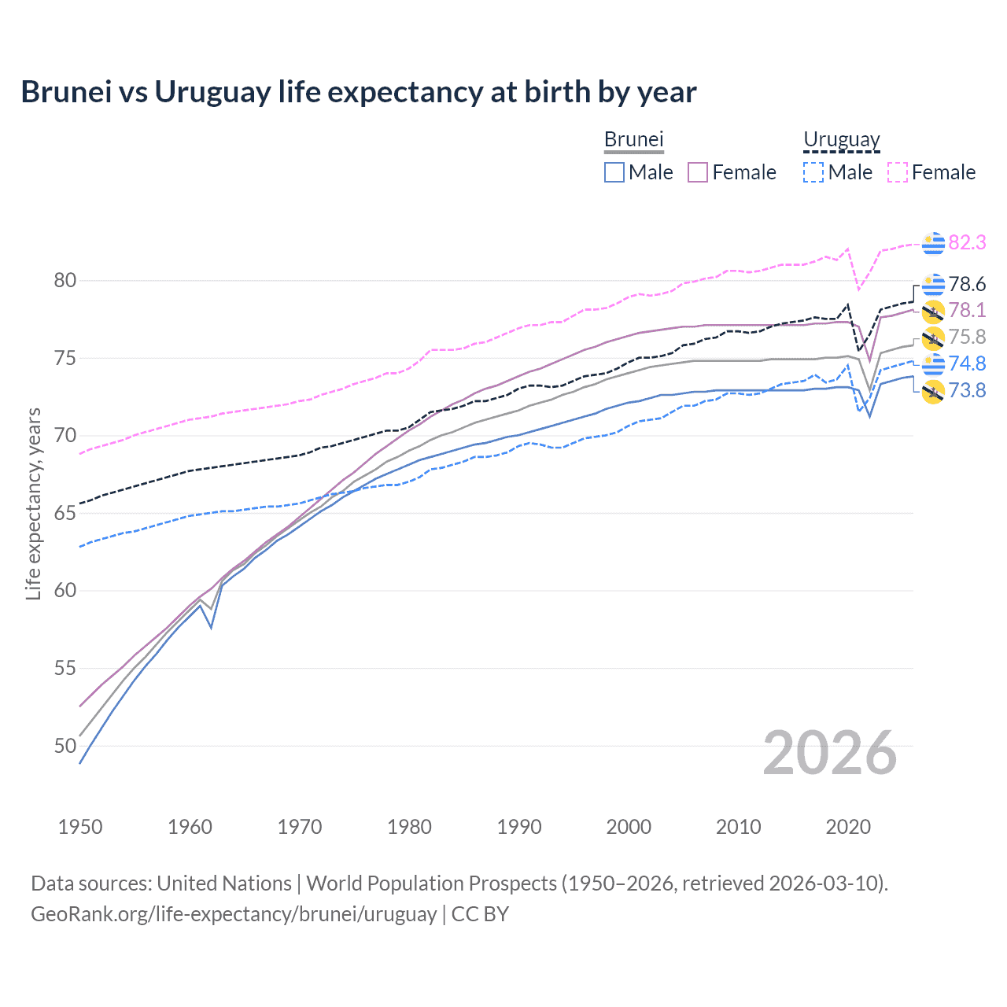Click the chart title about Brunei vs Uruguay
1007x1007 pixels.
[359, 92]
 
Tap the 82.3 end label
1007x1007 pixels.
[967, 242]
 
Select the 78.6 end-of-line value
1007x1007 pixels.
[967, 284]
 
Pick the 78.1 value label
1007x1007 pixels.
[967, 311]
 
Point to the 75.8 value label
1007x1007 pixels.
[967, 337]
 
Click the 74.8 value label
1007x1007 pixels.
[967, 363]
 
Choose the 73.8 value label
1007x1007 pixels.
[967, 390]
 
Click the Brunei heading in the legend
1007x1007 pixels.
[634, 139]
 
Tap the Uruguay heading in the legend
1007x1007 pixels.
[841, 139]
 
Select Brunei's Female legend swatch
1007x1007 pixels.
[698, 172]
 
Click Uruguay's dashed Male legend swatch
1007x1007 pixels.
[813, 172]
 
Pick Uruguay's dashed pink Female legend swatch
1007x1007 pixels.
[898, 172]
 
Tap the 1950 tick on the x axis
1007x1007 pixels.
[80, 827]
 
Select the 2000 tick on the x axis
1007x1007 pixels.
[629, 827]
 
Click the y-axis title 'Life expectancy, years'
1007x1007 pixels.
[33, 503]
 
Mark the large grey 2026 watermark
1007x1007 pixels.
[829, 753]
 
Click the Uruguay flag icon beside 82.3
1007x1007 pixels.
[933, 243]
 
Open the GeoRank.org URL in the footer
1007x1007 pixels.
[234, 914]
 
